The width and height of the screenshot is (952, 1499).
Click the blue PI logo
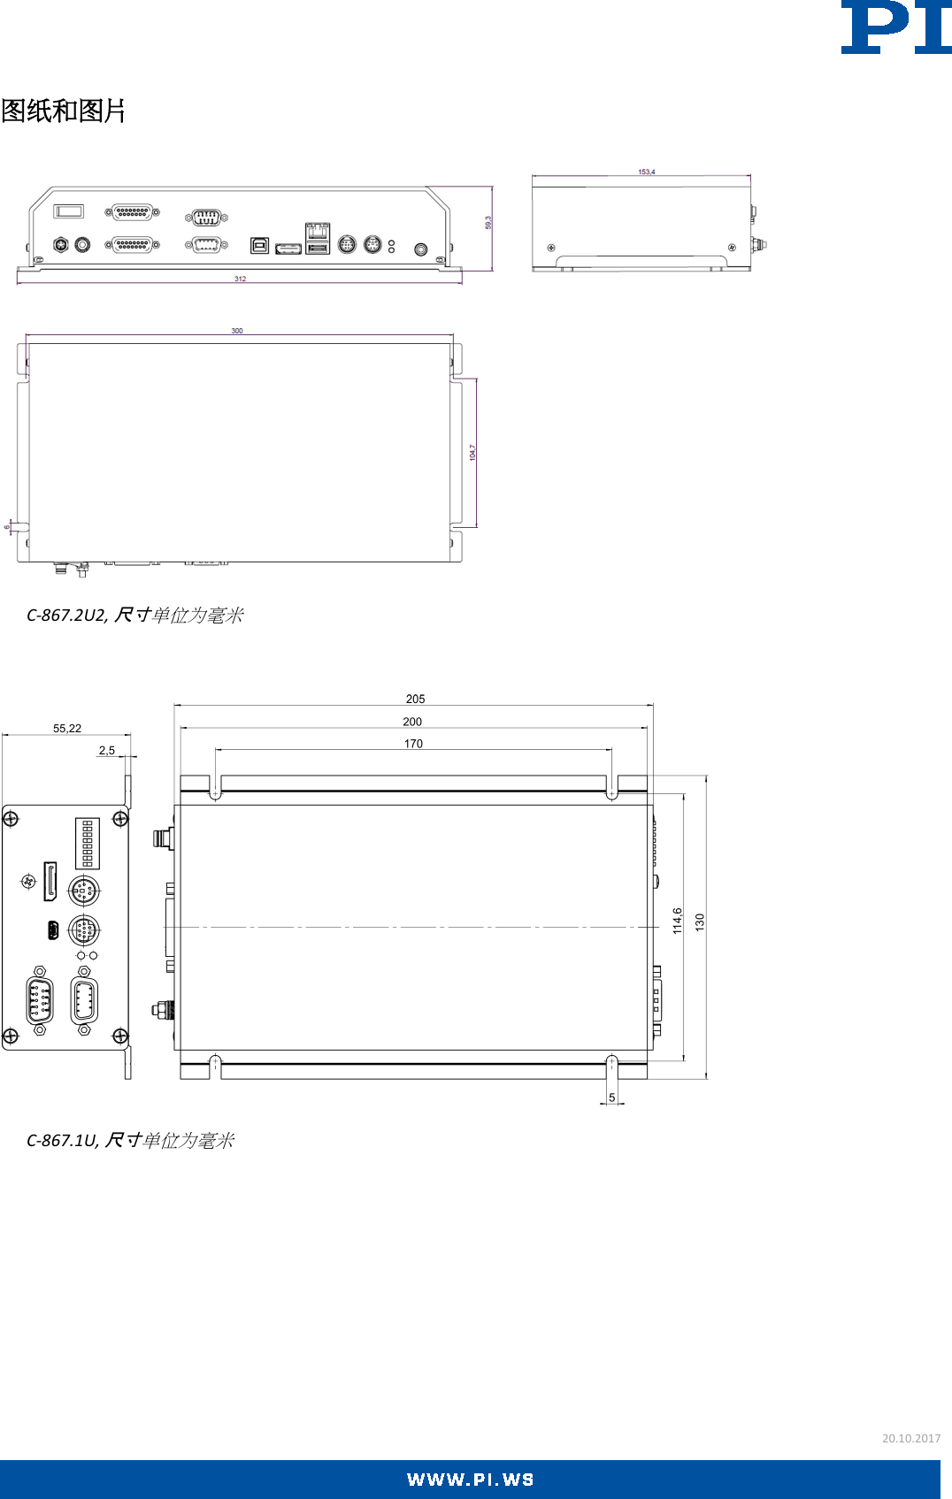click(895, 27)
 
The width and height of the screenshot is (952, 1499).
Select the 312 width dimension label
click(240, 279)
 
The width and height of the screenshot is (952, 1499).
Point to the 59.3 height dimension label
click(488, 223)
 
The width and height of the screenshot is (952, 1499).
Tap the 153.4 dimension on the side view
click(647, 172)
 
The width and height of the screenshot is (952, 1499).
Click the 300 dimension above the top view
click(237, 331)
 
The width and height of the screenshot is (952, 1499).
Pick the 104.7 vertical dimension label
click(472, 452)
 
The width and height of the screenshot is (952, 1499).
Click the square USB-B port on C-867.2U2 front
click(259, 245)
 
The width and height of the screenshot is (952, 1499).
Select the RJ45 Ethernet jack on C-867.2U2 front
click(318, 231)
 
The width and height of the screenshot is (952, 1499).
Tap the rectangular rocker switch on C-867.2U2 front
click(68, 210)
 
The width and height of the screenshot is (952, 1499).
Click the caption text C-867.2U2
click(66, 615)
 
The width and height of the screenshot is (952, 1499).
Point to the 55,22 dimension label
click(67, 729)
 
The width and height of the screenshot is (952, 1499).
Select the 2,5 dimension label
click(107, 750)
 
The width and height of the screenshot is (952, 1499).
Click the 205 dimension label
click(415, 699)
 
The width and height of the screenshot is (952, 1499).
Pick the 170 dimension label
click(413, 744)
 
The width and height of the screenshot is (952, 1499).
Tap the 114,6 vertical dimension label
click(677, 921)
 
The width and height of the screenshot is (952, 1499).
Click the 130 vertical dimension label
click(700, 922)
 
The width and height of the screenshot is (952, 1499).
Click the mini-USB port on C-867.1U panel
click(53, 930)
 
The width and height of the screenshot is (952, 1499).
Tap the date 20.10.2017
click(910, 1438)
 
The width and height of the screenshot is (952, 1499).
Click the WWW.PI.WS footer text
click(470, 1480)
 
